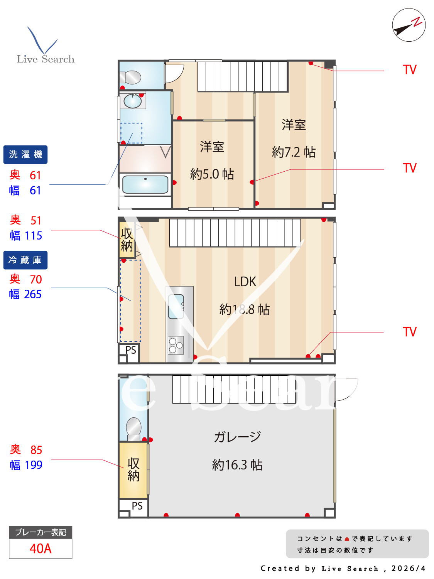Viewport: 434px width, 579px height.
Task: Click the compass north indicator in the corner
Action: pos(409,25)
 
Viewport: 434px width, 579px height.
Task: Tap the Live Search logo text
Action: pos(46,59)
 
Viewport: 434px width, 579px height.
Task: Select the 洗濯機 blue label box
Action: pos(25,154)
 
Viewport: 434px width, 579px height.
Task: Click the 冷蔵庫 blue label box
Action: pos(25,260)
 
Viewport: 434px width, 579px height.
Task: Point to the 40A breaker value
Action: pos(41,549)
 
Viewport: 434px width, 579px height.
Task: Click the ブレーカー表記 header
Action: pos(41,532)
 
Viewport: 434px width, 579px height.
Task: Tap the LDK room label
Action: pos(245,282)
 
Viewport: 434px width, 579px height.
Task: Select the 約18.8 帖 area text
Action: pos(245,309)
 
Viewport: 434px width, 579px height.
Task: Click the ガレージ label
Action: pos(238,437)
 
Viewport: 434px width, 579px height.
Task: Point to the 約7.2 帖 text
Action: pos(294,152)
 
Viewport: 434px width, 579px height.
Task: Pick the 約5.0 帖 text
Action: pos(212,174)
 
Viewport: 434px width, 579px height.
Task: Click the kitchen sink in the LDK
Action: pos(176,307)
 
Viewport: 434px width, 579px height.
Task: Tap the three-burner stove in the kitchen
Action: pos(176,345)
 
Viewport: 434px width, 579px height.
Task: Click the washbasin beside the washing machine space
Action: pos(133,101)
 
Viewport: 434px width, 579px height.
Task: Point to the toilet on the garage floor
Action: pos(133,429)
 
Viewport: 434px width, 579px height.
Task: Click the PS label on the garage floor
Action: pos(137,506)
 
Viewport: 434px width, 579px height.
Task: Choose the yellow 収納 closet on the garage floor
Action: pos(133,470)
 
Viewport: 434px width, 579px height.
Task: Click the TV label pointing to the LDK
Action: pos(409,332)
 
